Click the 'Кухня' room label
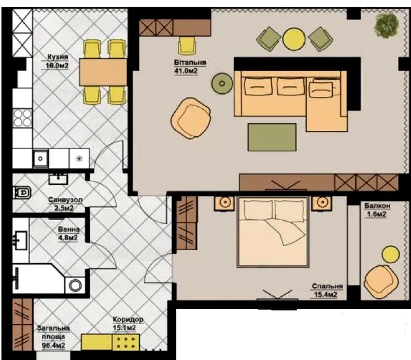point(58,57)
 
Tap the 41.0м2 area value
point(186,71)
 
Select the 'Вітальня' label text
point(190,63)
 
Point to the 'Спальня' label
point(327,286)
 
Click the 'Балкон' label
point(377,206)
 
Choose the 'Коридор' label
point(128,320)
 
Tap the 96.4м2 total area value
point(54,345)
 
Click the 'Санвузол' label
point(65,199)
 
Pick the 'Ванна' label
point(69,229)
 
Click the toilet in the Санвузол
point(22,193)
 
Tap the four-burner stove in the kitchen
point(22,119)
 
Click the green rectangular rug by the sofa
point(272,137)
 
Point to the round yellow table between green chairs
point(294,39)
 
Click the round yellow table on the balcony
point(390,254)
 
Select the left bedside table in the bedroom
point(224,203)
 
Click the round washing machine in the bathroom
point(75,285)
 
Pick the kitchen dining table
point(103,72)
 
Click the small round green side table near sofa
point(222,83)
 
